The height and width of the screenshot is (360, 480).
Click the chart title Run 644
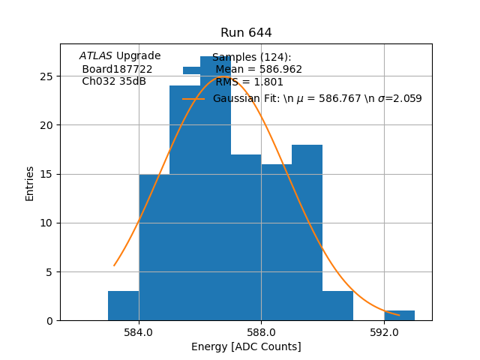pyautogui.click(x=246, y=33)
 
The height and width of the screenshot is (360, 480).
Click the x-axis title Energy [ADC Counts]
pyautogui.click(x=246, y=346)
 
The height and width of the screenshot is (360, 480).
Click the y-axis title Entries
pyautogui.click(x=30, y=184)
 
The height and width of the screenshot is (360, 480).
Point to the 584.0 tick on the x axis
pyautogui.click(x=139, y=332)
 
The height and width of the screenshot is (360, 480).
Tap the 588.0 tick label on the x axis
pyautogui.click(x=261, y=332)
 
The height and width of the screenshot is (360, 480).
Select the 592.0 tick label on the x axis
pyautogui.click(x=384, y=332)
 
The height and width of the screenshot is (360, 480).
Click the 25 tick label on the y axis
pyautogui.click(x=46, y=76)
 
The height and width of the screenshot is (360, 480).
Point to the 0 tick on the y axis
pyautogui.click(x=49, y=321)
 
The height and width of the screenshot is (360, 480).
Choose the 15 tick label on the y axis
pyautogui.click(x=46, y=174)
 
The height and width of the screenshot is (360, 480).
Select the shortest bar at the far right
pyautogui.click(x=399, y=316)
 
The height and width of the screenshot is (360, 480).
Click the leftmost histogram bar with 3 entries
pyautogui.click(x=123, y=306)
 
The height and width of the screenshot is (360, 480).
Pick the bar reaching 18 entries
pyautogui.click(x=307, y=232)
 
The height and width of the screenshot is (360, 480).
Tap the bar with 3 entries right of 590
pyautogui.click(x=337, y=306)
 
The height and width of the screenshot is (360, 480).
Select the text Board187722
pyautogui.click(x=117, y=68)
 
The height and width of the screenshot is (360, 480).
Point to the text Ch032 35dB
pyautogui.click(x=114, y=81)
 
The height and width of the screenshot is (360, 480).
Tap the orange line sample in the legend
pyautogui.click(x=193, y=98)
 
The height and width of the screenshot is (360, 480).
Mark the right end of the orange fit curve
pyautogui.click(x=399, y=316)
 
